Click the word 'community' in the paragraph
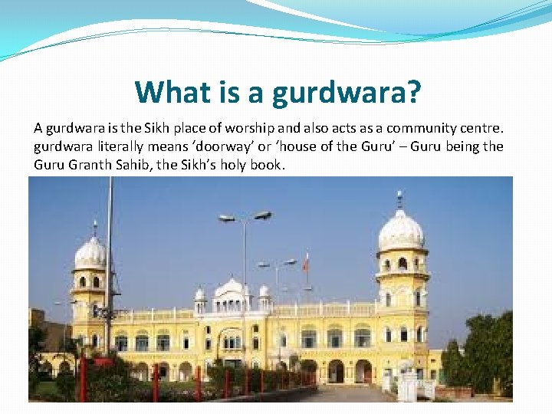point(425,128)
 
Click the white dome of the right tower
point(401,231)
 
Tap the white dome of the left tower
point(90,252)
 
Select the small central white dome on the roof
point(232,289)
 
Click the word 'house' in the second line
point(291,146)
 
